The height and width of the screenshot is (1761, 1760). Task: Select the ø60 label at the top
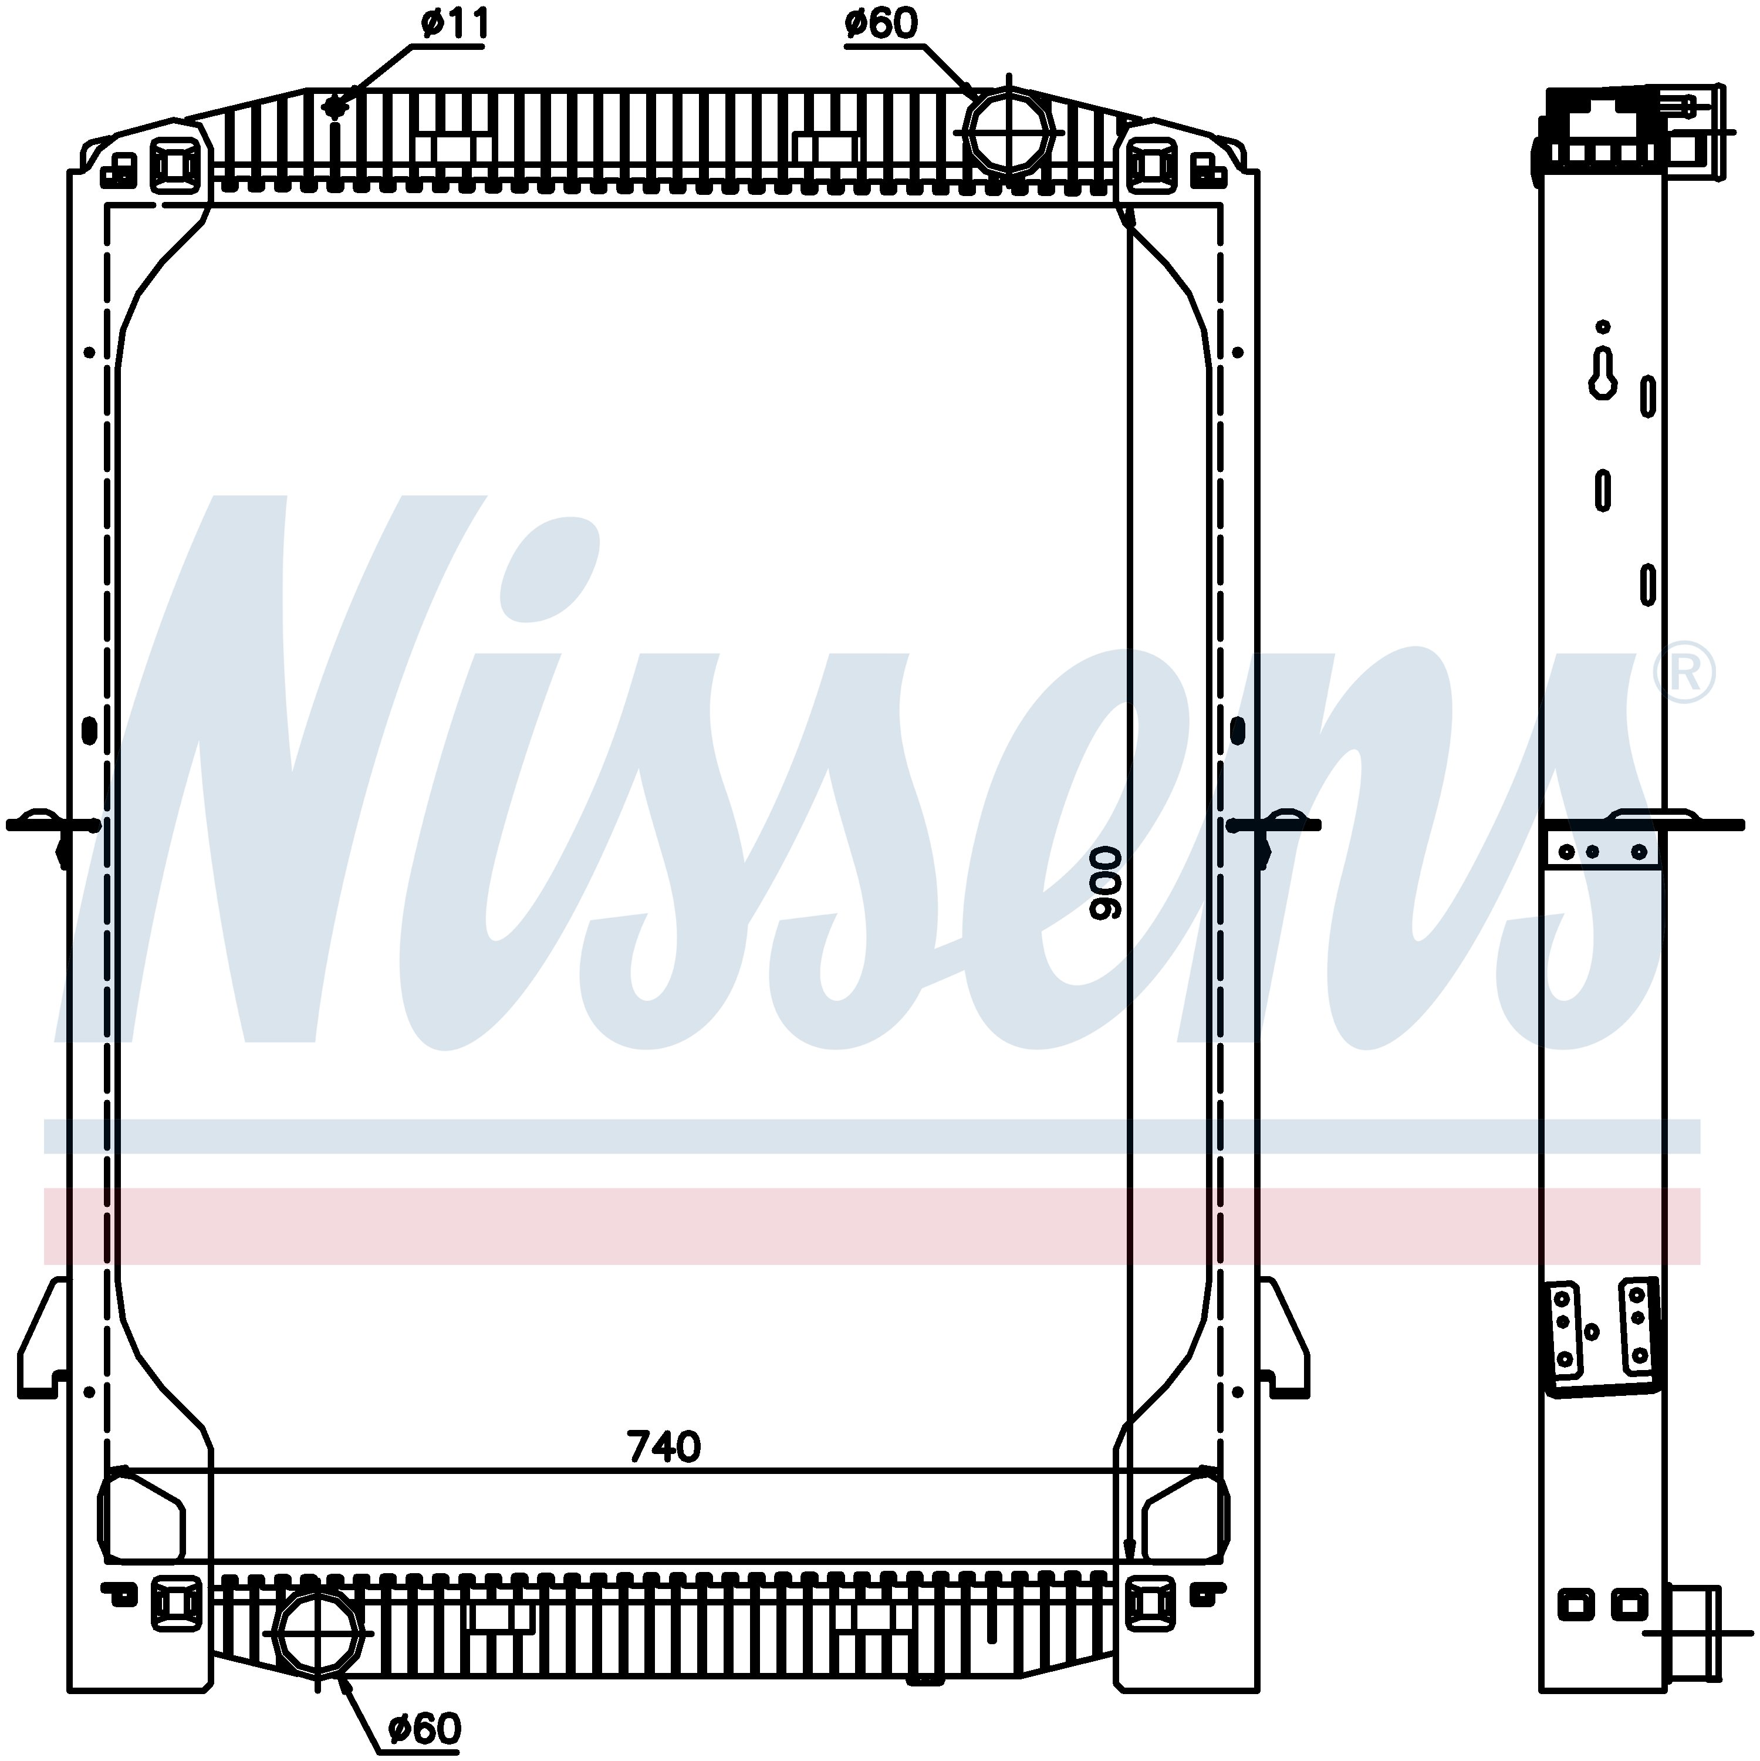coord(881,25)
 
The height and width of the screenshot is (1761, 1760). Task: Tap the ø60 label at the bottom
coord(425,1728)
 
